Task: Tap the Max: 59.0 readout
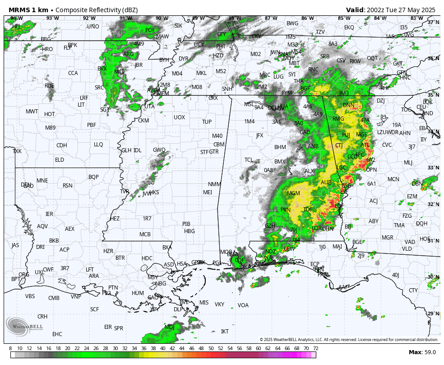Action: [422, 352]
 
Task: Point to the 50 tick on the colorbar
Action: [211, 348]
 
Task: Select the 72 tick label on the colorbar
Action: [315, 348]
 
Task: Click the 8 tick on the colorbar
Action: [10, 348]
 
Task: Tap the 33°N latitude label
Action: [433, 168]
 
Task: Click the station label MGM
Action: [293, 193]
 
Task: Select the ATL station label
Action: [365, 145]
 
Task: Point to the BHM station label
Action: [280, 147]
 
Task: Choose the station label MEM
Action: [163, 94]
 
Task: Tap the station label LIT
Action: [81, 105]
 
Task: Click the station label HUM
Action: [138, 293]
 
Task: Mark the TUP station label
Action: [207, 122]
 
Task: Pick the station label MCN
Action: [393, 179]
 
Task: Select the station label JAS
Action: [15, 245]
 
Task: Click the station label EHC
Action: [57, 334]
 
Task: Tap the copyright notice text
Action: [349, 340]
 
